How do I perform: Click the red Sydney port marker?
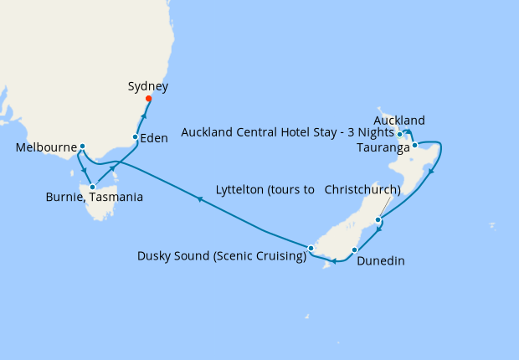tap(148, 99)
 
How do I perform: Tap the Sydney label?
tap(148, 86)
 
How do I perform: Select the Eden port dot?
tap(136, 136)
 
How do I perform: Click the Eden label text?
tap(154, 139)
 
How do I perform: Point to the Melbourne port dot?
tap(82, 147)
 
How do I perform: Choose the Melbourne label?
tap(47, 147)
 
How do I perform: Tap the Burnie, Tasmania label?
tap(94, 198)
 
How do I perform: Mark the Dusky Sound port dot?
tap(311, 248)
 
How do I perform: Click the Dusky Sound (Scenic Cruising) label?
tap(222, 256)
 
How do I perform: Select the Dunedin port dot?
tap(355, 249)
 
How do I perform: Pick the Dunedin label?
tap(381, 261)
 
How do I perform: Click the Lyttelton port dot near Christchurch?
tap(379, 220)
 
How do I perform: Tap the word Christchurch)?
tap(362, 189)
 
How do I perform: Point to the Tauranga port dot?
tap(414, 145)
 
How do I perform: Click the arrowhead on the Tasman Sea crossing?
tap(199, 198)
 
